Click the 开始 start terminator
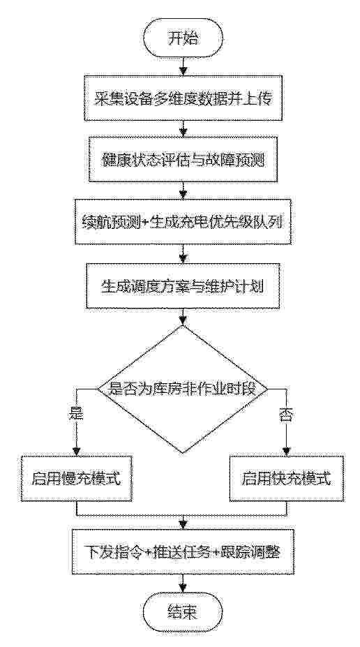click(183, 39)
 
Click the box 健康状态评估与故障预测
click(183, 160)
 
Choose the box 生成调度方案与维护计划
click(183, 285)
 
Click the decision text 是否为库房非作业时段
click(183, 389)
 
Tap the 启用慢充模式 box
click(77, 479)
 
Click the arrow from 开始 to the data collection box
click(183, 69)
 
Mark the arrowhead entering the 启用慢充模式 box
click(77, 451)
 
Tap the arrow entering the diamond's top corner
click(183, 316)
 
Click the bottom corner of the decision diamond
click(183, 454)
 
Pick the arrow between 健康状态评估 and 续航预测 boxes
click(183, 191)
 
